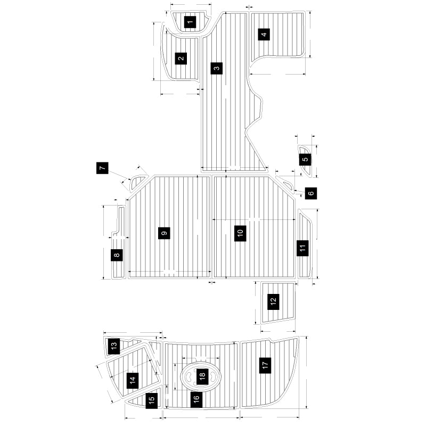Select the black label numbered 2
[x=181, y=58]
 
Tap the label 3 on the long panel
[x=216, y=68]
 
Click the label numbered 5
[x=305, y=159]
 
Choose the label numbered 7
[x=103, y=168]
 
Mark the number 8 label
[x=117, y=255]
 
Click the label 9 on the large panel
[x=164, y=233]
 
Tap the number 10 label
[x=240, y=233]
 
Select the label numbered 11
[x=302, y=248]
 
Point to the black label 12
[x=273, y=301]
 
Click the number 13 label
[x=113, y=346]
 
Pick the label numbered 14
[x=132, y=380]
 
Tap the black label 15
[x=152, y=399]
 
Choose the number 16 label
[x=196, y=398]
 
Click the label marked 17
[x=265, y=365]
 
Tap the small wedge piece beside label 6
[x=288, y=185]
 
